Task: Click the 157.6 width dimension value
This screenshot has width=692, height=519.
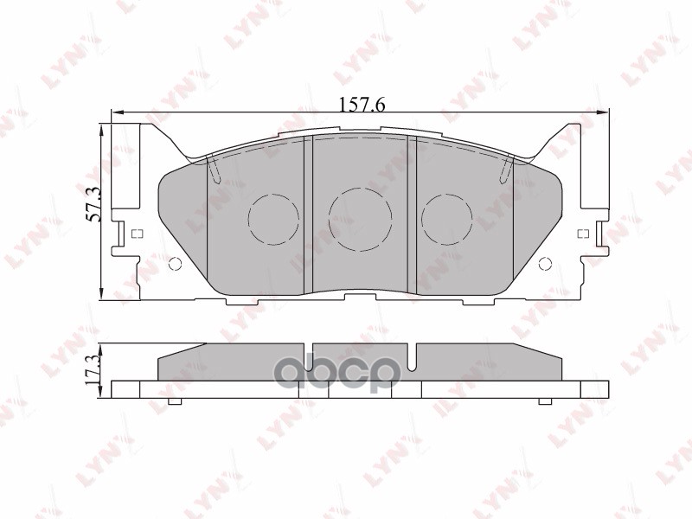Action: (362, 105)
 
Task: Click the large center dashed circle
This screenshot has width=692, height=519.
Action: (362, 220)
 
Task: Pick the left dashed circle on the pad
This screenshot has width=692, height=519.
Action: (272, 218)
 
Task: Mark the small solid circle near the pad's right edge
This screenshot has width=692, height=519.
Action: (545, 264)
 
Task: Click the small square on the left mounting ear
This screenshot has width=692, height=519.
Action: (136, 233)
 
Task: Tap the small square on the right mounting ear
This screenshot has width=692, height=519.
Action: (582, 233)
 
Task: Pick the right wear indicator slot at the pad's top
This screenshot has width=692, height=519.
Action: (507, 170)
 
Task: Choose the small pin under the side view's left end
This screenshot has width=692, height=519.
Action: (173, 401)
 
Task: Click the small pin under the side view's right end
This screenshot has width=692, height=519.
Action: (544, 401)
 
